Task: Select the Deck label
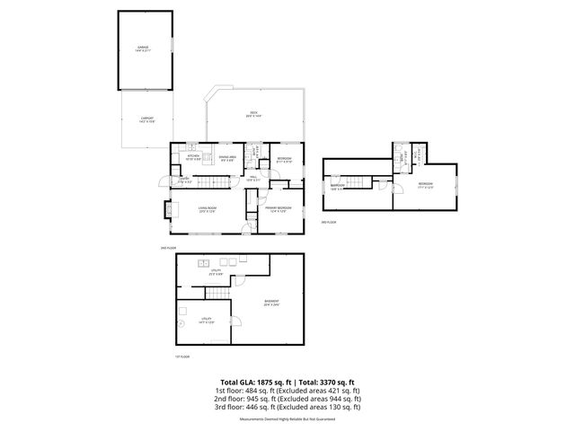(x=254, y=114)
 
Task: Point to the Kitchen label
(x=192, y=157)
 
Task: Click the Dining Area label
(x=229, y=158)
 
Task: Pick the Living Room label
(x=206, y=210)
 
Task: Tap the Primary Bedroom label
(x=276, y=210)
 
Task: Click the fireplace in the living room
(x=168, y=210)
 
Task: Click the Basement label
(x=271, y=302)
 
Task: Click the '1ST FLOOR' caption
(x=182, y=356)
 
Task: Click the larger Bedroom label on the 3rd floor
(x=426, y=187)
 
